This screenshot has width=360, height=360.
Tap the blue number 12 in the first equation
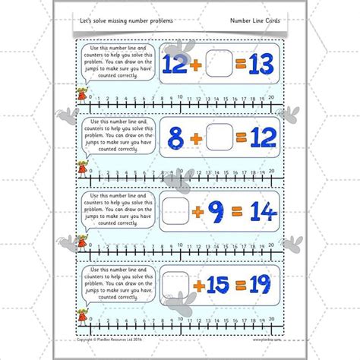pos(177,63)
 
